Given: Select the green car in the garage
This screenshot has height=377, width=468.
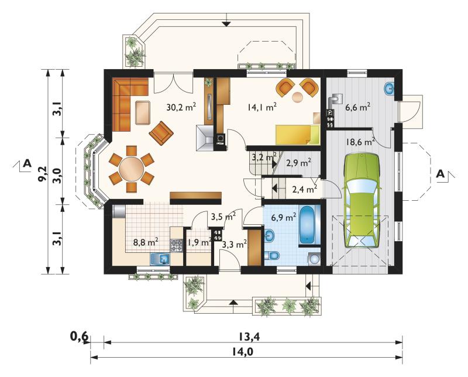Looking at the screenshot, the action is tap(362, 200).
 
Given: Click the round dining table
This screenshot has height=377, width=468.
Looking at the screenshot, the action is tap(131, 169).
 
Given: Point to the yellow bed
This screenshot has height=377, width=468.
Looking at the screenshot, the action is tap(297, 135).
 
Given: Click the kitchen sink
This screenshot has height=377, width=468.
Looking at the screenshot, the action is tap(160, 259).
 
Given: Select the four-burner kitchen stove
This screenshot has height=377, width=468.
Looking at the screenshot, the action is tap(176, 245).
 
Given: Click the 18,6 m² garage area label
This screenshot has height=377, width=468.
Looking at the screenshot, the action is tap(360, 142).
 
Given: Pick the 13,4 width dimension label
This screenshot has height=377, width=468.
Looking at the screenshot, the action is tap(249, 337).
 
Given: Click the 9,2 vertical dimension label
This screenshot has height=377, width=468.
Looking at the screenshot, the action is tap(43, 173).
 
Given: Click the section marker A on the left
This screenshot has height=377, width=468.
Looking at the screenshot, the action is tap(27, 163).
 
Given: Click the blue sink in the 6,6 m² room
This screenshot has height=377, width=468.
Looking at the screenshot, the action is tap(389, 88).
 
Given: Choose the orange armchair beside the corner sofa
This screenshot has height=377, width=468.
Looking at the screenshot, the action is tap(161, 133).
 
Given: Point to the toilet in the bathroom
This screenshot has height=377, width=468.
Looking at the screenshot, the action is tap(271, 255).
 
